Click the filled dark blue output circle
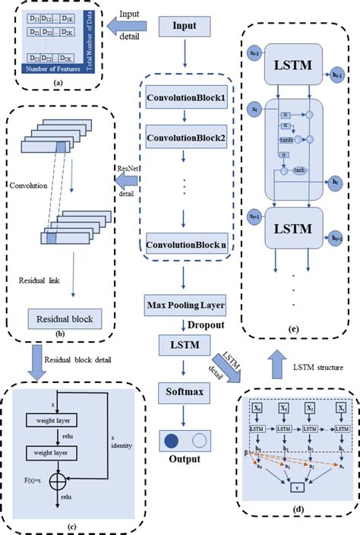click(x=172, y=440)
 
